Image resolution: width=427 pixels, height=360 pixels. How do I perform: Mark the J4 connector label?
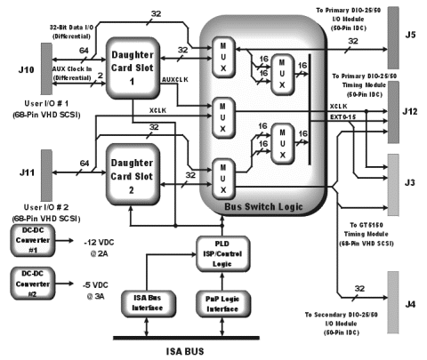coord(411,305)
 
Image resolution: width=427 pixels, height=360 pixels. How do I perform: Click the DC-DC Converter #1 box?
coord(32,243)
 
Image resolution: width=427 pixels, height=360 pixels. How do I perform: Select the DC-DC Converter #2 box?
coord(32,282)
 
